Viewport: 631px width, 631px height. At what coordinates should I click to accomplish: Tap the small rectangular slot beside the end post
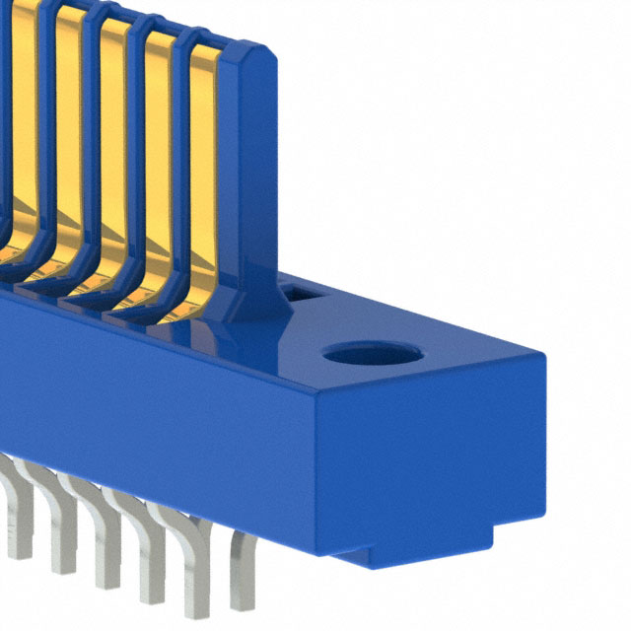(x=301, y=292)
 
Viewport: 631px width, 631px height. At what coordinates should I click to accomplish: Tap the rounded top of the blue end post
(x=246, y=54)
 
